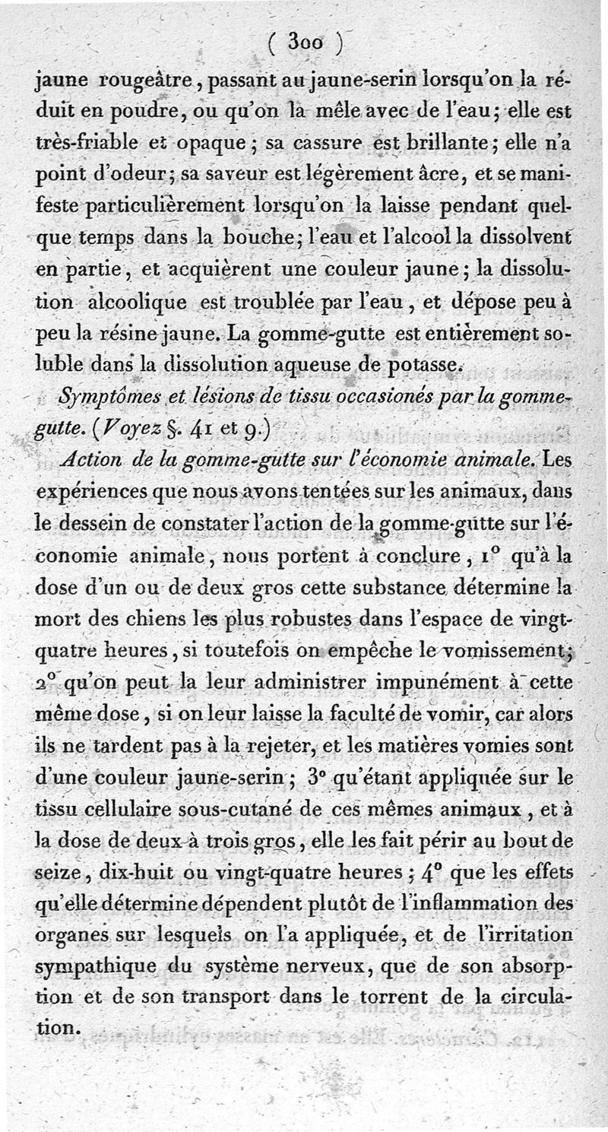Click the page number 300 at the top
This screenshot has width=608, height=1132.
[306, 43]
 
